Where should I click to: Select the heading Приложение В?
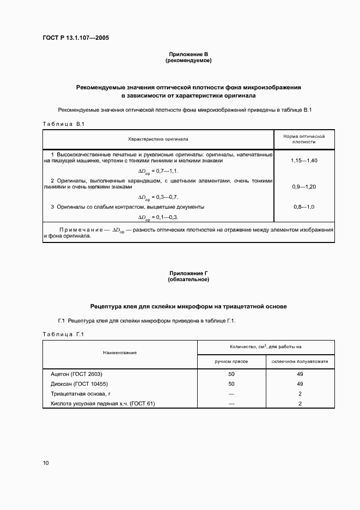click(x=188, y=54)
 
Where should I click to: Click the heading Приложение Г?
click(x=188, y=274)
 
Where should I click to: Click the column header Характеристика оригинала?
click(x=158, y=138)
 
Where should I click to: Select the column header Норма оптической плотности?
click(x=304, y=138)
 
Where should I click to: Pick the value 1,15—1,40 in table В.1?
click(x=304, y=161)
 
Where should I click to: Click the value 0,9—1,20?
click(x=304, y=187)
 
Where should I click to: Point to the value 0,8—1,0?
click(x=304, y=207)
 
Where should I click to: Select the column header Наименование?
click(x=121, y=353)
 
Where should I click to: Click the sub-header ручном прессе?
click(x=231, y=361)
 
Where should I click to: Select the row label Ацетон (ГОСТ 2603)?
click(x=76, y=374)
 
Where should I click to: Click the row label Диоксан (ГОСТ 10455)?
click(x=78, y=384)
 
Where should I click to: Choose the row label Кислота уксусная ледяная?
click(x=103, y=404)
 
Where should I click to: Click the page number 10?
click(x=46, y=463)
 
